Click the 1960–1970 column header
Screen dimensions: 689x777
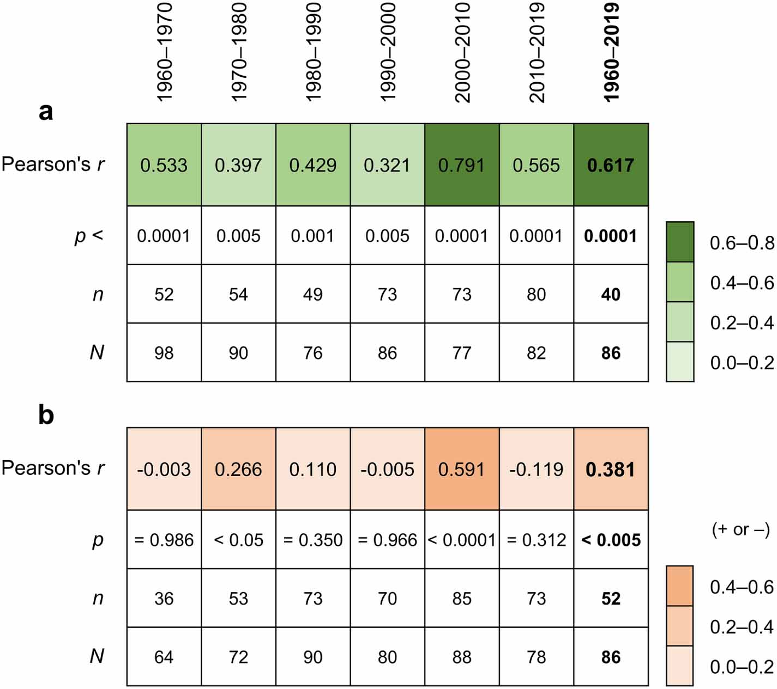coord(164,52)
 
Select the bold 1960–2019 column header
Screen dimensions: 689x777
coord(611,52)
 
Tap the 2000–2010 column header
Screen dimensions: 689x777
coord(462,52)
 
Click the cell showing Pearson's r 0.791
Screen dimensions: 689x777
coord(462,165)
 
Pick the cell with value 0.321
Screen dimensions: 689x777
coord(387,165)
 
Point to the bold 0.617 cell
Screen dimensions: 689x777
coord(611,165)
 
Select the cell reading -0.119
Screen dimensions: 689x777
coord(536,469)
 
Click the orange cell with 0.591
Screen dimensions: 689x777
coord(462,469)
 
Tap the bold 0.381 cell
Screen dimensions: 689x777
coord(611,469)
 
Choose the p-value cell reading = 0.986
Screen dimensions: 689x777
coord(164,540)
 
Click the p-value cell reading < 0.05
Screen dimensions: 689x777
coord(238,540)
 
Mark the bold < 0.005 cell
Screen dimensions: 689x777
coord(611,540)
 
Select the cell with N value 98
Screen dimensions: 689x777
coord(164,353)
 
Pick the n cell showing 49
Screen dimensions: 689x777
coord(313,295)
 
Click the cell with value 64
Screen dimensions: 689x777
coord(164,657)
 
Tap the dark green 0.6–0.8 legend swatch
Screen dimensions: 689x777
coord(680,242)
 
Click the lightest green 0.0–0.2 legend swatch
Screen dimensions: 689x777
coord(680,362)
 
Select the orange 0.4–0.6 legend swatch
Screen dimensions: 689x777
coord(679,586)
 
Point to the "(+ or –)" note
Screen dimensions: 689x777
coord(740,529)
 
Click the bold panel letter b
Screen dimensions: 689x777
coord(46,415)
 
